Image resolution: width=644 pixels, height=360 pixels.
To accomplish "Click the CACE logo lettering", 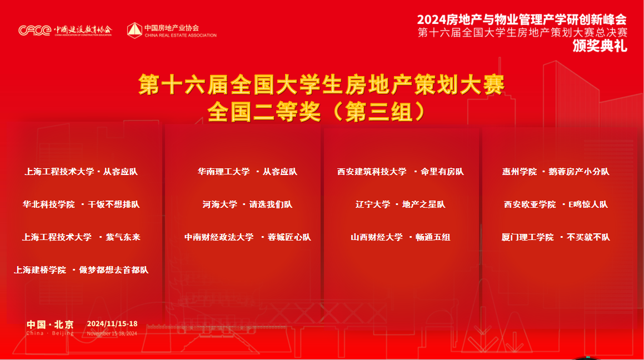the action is [34, 31].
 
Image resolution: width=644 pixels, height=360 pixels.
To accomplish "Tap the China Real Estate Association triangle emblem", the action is [134, 31].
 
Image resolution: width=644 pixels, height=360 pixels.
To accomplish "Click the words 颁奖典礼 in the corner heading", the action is [600, 46].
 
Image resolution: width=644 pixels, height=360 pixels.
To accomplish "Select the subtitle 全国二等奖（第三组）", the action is [317, 112].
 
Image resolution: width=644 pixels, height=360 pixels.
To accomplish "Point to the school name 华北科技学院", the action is [49, 204].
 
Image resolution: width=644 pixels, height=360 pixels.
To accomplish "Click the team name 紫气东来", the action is [123, 237].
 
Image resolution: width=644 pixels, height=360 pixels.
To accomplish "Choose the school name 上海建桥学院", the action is [40, 270].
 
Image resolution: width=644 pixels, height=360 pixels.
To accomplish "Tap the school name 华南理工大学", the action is [224, 172].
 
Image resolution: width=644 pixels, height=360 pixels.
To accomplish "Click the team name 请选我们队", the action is [271, 204].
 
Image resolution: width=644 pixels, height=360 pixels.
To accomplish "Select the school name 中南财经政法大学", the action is [219, 237].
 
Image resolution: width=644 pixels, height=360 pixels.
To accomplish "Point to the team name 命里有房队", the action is [442, 172].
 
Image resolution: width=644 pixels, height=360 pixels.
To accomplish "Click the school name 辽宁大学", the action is [373, 204].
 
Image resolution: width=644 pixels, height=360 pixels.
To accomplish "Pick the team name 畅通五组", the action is [433, 237].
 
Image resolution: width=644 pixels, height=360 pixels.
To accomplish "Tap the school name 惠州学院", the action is [520, 172].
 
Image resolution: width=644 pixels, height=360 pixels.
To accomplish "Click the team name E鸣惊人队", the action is [588, 204].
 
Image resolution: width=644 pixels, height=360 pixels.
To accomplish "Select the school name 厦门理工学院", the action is [527, 237].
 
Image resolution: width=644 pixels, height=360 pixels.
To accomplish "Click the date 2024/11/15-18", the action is [112, 324].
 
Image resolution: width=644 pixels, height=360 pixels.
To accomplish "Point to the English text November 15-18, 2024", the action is [112, 333].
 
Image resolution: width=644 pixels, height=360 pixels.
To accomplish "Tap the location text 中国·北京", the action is [50, 324].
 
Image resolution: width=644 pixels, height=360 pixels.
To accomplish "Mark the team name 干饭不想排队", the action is [114, 204].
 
